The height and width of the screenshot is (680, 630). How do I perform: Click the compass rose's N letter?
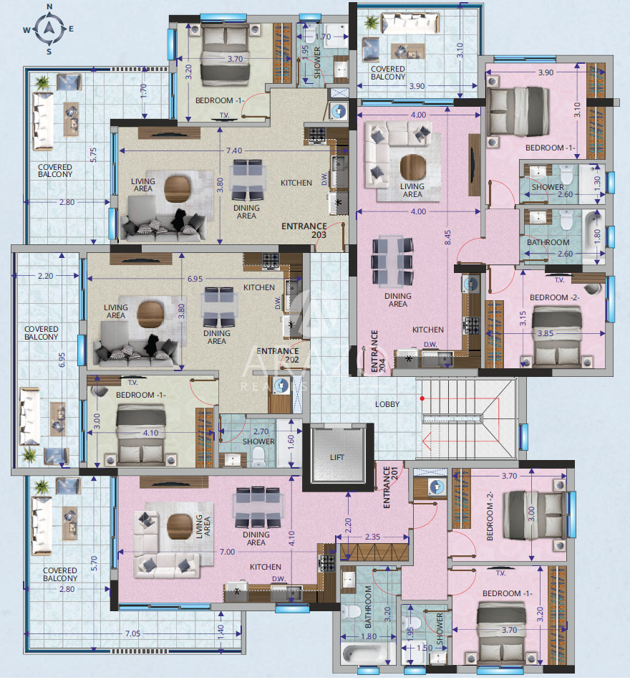tap(49, 6)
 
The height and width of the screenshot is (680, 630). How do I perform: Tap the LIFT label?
tap(337, 457)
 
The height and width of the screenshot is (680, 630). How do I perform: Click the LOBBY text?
tap(387, 404)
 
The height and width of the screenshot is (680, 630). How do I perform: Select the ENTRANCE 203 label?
tap(304, 230)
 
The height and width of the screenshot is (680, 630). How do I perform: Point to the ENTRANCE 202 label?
tap(278, 355)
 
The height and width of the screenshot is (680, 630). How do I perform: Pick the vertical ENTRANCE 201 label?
tap(390, 487)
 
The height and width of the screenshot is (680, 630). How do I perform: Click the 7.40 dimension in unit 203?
tap(234, 150)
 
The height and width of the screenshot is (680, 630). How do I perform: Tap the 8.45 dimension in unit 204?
tap(447, 237)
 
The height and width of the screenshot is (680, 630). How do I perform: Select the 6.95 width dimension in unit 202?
tap(195, 279)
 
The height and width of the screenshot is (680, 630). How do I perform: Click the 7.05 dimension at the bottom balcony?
tap(132, 633)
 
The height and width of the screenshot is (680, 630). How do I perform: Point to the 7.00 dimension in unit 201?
tap(227, 552)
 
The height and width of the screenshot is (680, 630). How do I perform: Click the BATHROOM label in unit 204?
tap(548, 242)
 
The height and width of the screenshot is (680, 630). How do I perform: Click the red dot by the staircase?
tap(422, 398)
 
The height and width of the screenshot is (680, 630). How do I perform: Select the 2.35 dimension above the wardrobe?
tap(372, 537)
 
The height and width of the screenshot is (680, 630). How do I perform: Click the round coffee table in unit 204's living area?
tap(413, 167)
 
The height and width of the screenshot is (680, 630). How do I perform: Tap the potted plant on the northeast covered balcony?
tap(372, 22)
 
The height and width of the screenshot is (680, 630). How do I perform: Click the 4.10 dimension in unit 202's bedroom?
tap(151, 433)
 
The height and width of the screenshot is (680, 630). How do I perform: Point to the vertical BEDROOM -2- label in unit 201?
tap(490, 516)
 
